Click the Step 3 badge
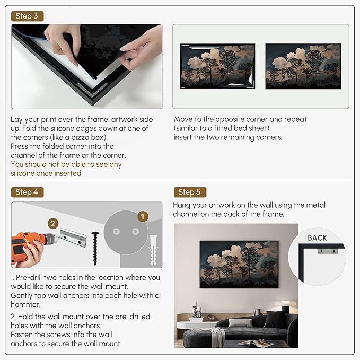27,16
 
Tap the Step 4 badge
27,192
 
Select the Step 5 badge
190,192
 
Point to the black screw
95,249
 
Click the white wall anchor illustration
153,250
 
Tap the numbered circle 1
143,216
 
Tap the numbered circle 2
53,223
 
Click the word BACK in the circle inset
317,238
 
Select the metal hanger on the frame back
328,250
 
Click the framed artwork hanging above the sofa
239,264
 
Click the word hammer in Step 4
25,305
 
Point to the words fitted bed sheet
241,128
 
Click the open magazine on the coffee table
255,343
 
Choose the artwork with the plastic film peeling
218,66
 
